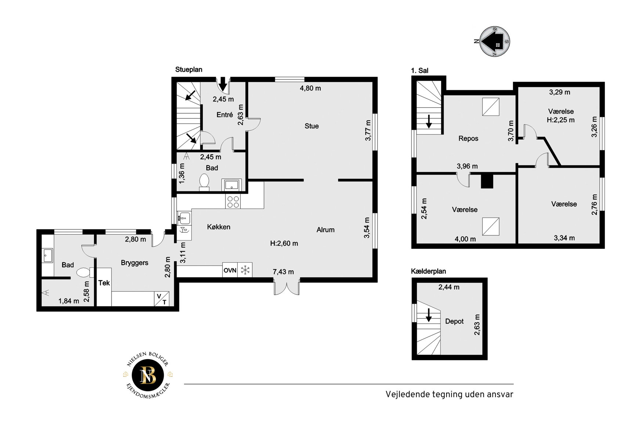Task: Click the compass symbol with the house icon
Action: pyautogui.click(x=495, y=42)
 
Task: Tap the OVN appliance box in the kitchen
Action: pyautogui.click(x=230, y=270)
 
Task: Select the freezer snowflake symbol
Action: pyautogui.click(x=245, y=270)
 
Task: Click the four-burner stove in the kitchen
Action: pyautogui.click(x=233, y=202)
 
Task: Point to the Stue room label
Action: pyautogui.click(x=312, y=126)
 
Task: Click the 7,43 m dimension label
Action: pyautogui.click(x=283, y=272)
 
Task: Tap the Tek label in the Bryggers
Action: pyautogui.click(x=104, y=283)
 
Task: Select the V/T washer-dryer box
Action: pyautogui.click(x=162, y=299)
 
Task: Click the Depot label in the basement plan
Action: pyautogui.click(x=454, y=321)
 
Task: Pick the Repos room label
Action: pyautogui.click(x=468, y=139)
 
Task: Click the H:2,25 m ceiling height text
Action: pyautogui.click(x=561, y=120)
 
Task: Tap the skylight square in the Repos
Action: pyautogui.click(x=491, y=107)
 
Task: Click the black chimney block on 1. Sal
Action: pyautogui.click(x=487, y=180)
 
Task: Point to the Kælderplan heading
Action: pyautogui.click(x=429, y=271)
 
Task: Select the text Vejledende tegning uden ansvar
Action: pyautogui.click(x=449, y=394)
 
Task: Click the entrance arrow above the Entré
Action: pyautogui.click(x=223, y=84)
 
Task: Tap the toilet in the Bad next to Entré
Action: pyautogui.click(x=204, y=182)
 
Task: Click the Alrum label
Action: pyautogui.click(x=325, y=230)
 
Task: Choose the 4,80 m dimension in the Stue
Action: pyautogui.click(x=310, y=88)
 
